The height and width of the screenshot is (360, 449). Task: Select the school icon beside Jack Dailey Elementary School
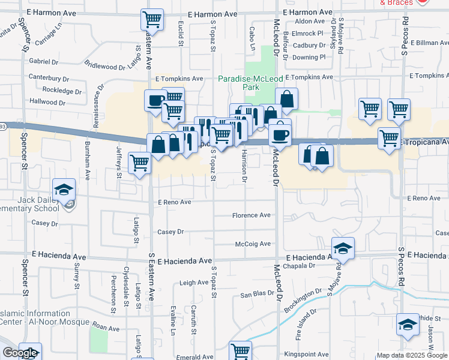64,190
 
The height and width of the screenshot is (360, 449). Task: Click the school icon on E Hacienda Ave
343,248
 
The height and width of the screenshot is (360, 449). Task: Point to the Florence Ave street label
252,215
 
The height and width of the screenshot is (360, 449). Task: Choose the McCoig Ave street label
253,244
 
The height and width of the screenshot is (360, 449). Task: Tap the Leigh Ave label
194,282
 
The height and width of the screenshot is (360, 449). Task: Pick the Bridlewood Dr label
104,66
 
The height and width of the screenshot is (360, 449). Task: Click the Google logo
20,353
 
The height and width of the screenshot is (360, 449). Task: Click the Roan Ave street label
106,328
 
